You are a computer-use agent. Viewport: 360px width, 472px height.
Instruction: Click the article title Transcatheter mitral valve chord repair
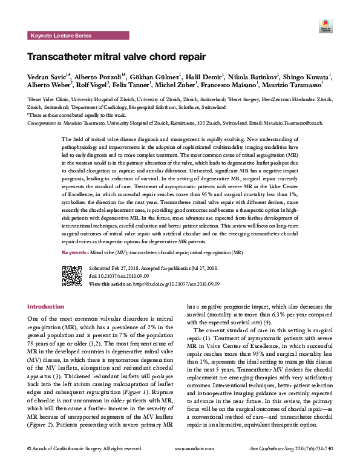(116, 58)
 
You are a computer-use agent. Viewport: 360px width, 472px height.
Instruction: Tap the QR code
(73, 275)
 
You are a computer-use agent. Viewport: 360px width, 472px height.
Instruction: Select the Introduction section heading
(45, 307)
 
